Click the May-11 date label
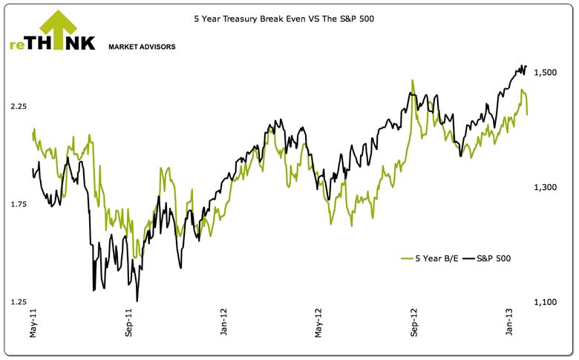33,324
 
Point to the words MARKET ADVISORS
142,47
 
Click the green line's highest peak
412,81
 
